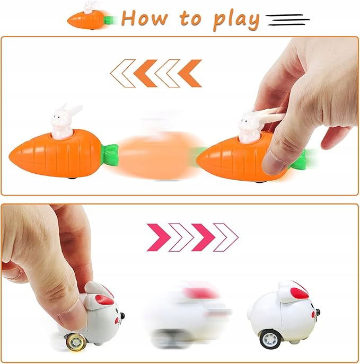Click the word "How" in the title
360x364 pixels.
pos(144,18)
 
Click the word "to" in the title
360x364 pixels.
pos(190,19)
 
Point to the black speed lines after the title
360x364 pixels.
pos(287,20)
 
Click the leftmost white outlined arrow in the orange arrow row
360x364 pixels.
pos(122,73)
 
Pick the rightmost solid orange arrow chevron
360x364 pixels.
pos(190,73)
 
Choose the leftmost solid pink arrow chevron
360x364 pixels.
pos(159,237)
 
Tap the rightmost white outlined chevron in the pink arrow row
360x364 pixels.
pos(226,237)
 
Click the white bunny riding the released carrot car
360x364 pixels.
pos(64,122)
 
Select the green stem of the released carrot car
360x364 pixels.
pos(110,155)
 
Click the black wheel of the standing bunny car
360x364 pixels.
pos(270,340)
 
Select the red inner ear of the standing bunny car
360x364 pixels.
pos(300,293)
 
